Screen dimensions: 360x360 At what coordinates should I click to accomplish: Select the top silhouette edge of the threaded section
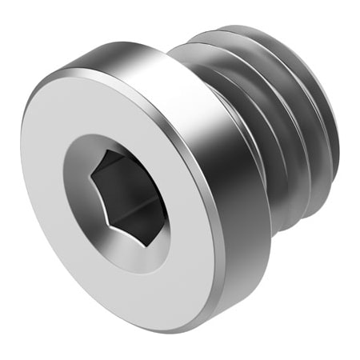240,32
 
